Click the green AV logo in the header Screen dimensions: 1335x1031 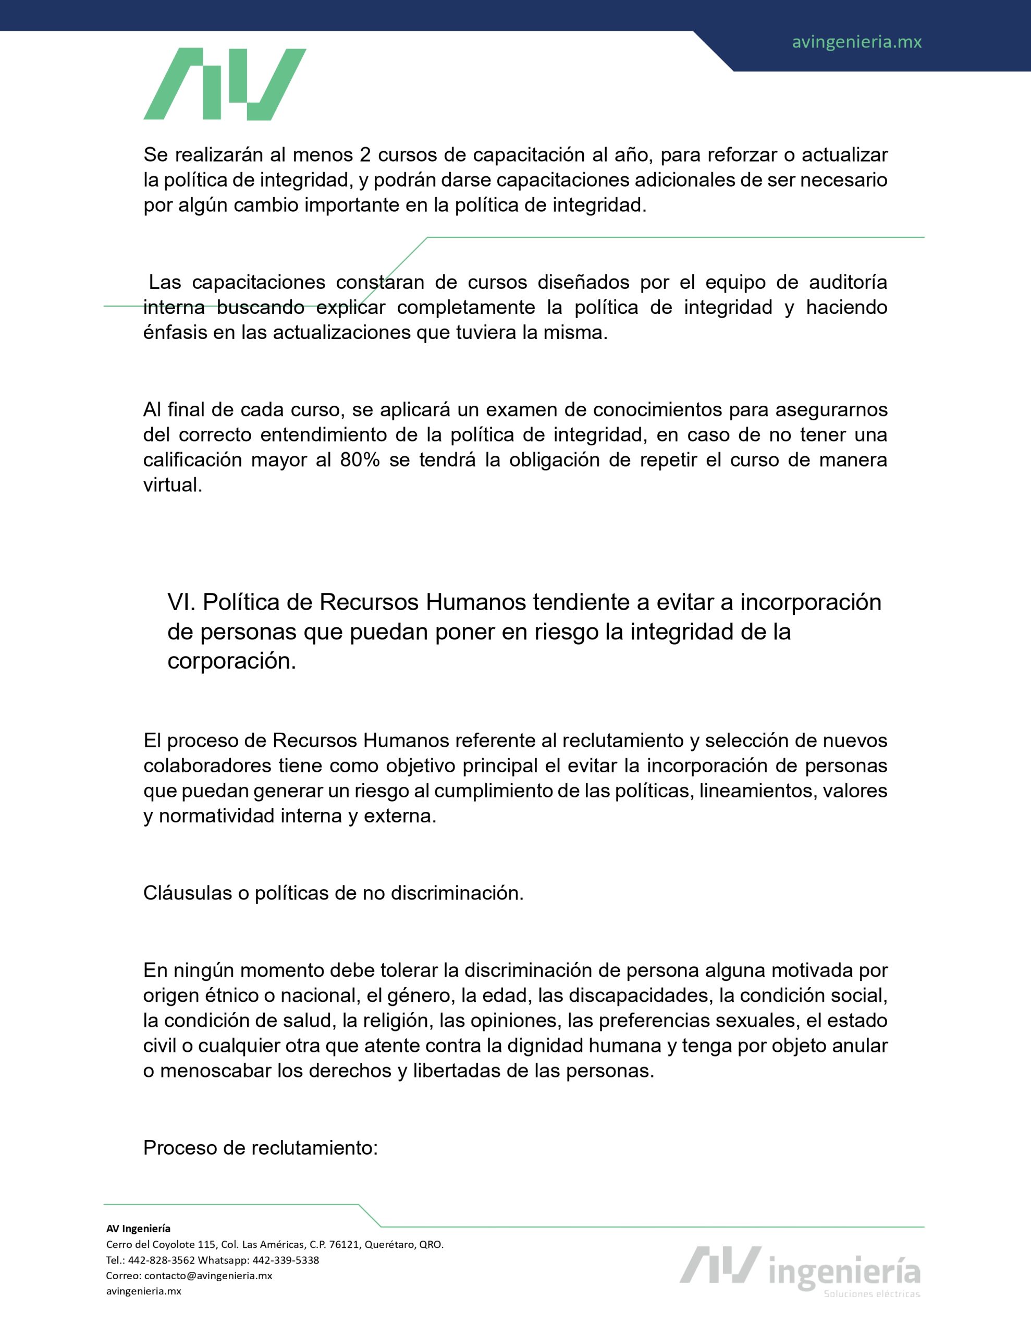click(x=224, y=84)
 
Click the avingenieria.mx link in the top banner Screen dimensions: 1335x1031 click(x=856, y=42)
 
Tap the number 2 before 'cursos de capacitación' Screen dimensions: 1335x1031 click(x=365, y=155)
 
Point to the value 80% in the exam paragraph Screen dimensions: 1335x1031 click(x=359, y=459)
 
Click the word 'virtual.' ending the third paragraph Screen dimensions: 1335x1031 click(x=173, y=485)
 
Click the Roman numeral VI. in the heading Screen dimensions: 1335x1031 click(x=181, y=602)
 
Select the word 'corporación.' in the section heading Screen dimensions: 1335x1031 click(x=231, y=661)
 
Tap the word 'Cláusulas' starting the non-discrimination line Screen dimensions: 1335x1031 click(x=187, y=893)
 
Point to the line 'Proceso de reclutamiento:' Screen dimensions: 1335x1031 click(x=260, y=1147)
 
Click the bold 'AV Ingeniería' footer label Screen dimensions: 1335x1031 click(x=138, y=1229)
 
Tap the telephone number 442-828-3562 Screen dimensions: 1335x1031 click(x=162, y=1260)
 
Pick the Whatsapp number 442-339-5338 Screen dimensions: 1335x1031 click(x=286, y=1260)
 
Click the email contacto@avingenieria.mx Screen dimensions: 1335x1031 click(x=208, y=1276)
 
